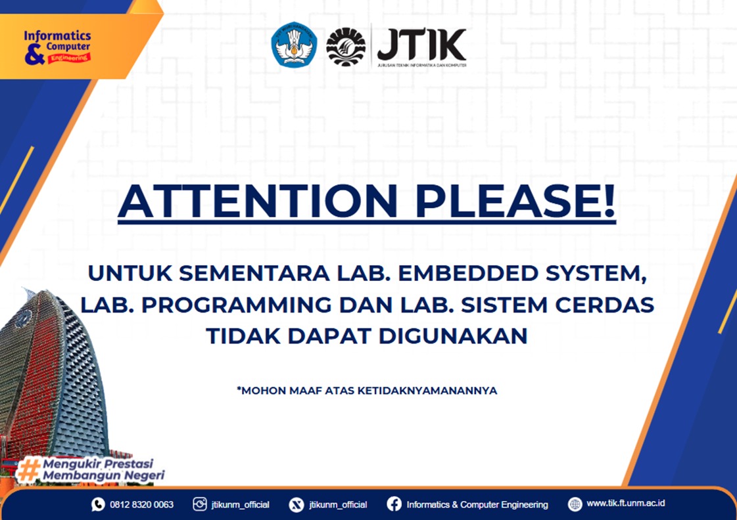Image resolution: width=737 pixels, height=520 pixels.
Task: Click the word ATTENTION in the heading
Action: click(x=258, y=201)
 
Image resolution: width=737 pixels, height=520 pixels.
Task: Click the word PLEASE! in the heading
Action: click(x=515, y=201)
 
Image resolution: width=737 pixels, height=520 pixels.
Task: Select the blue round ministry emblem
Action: click(x=294, y=45)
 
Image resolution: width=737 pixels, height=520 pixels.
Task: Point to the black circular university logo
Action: click(x=346, y=47)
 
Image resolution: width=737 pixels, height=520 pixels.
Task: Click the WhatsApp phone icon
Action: click(x=98, y=504)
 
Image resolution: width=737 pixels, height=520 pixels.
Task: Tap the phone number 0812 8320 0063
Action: click(x=141, y=504)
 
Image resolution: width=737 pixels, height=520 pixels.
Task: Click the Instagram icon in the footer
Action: click(x=200, y=504)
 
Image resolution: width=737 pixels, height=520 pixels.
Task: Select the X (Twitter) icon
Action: click(x=296, y=504)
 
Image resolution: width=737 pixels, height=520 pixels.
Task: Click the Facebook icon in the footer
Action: click(x=394, y=504)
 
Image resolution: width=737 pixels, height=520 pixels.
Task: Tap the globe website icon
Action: click(x=575, y=504)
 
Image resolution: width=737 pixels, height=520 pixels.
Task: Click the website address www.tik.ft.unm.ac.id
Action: click(x=626, y=503)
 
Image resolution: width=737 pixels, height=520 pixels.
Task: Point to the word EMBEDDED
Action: click(x=467, y=273)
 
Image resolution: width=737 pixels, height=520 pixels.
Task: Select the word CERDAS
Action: click(x=604, y=305)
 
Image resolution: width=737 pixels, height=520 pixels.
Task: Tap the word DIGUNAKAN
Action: click(x=452, y=336)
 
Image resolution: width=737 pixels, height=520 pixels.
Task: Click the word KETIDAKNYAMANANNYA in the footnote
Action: click(x=427, y=391)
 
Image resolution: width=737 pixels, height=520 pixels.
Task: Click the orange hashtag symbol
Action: click(x=28, y=469)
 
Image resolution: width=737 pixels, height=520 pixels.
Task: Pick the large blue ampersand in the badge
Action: click(x=34, y=54)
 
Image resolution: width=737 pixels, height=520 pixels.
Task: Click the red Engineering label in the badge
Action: click(x=70, y=58)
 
